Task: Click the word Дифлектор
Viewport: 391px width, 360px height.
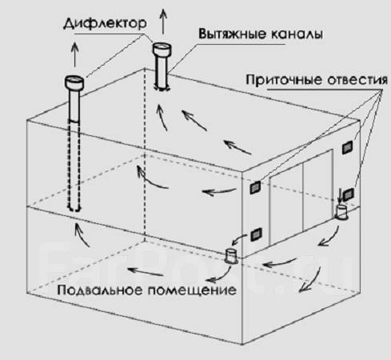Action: click(105, 23)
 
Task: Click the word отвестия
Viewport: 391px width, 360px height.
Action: click(357, 80)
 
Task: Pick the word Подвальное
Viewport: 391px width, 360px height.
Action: click(100, 290)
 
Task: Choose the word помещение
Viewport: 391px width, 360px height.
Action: click(192, 290)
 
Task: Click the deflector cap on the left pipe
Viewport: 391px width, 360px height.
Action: click(74, 82)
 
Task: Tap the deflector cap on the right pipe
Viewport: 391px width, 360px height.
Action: click(162, 49)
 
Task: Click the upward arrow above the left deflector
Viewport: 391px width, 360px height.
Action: click(75, 54)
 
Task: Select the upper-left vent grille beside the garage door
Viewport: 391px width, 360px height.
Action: click(255, 187)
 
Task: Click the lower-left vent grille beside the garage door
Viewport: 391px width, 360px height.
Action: click(257, 234)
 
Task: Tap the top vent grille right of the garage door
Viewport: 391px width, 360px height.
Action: click(347, 147)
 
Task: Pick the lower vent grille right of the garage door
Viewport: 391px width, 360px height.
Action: click(348, 194)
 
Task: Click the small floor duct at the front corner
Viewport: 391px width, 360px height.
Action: click(232, 257)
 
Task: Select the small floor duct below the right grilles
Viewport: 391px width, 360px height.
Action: click(341, 212)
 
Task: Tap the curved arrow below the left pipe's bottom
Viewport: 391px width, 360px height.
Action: click(82, 234)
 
